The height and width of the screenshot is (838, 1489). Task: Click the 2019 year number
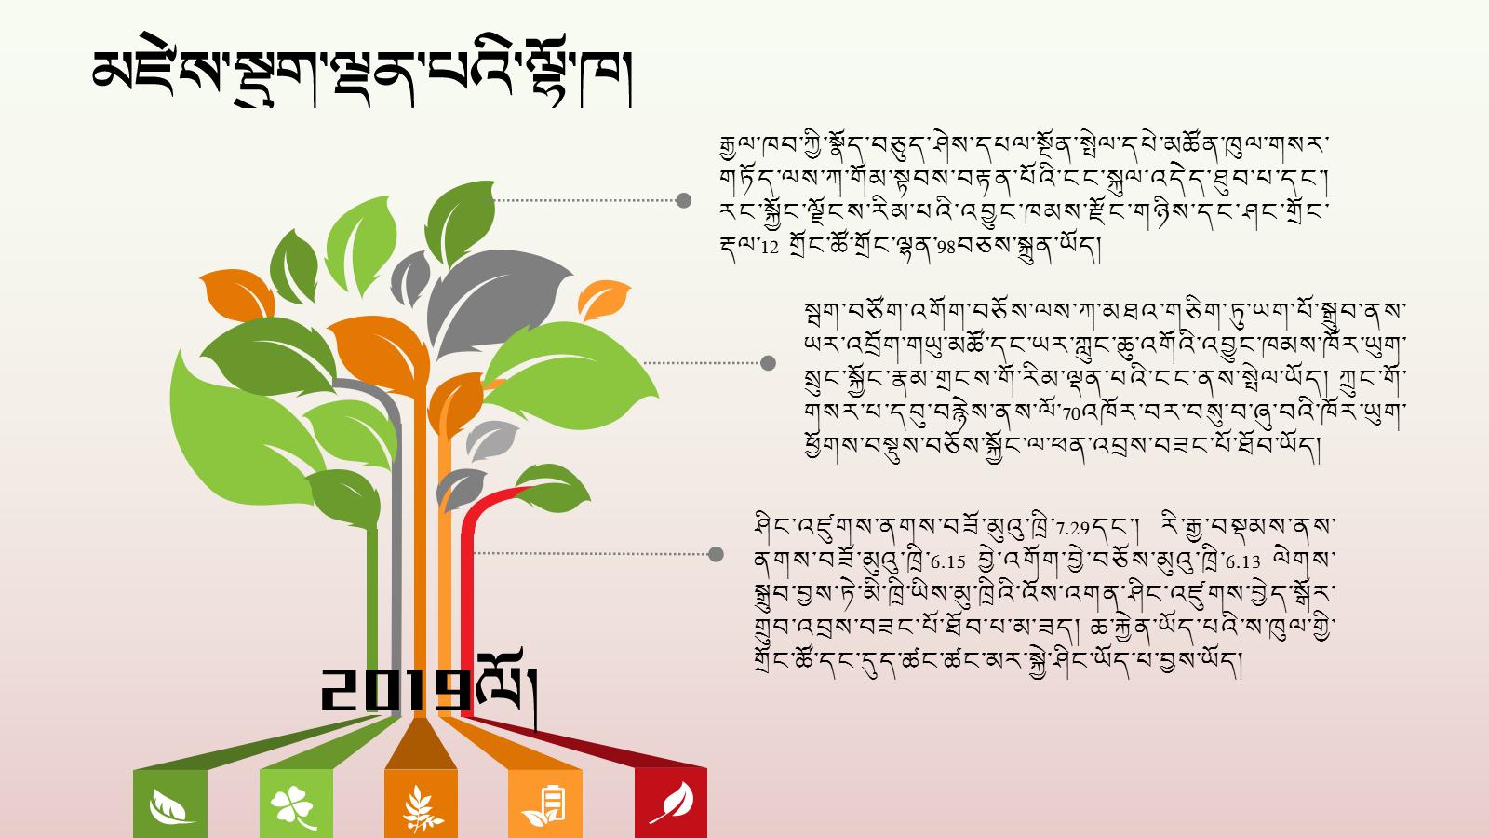tap(396, 690)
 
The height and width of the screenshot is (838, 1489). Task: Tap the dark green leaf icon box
tap(170, 804)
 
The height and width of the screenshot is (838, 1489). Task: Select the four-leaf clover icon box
tap(296, 804)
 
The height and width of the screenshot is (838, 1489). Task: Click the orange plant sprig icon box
tap(421, 804)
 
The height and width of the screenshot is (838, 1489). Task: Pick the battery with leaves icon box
tap(545, 804)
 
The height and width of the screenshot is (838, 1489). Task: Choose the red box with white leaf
tap(671, 804)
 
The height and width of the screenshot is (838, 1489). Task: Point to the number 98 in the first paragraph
tap(946, 248)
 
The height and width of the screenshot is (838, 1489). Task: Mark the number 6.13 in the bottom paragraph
tap(1243, 562)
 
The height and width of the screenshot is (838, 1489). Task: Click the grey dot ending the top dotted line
tap(683, 200)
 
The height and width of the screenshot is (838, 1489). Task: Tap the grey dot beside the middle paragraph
tap(768, 363)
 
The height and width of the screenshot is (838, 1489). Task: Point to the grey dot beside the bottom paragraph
tap(716, 554)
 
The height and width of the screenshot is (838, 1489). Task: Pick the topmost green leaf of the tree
tap(460, 223)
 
